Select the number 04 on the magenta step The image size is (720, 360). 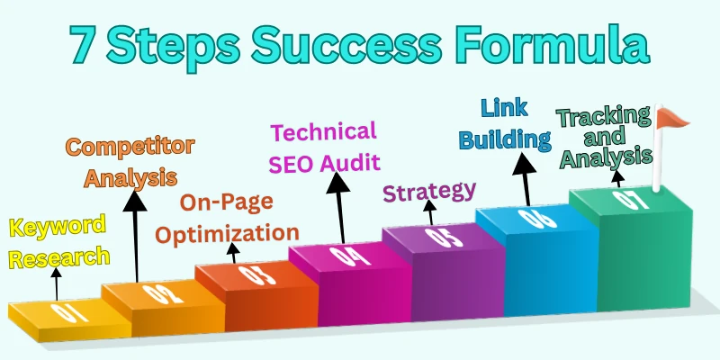(337, 256)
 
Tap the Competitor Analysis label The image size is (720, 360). (131, 162)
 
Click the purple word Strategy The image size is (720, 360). (429, 192)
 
